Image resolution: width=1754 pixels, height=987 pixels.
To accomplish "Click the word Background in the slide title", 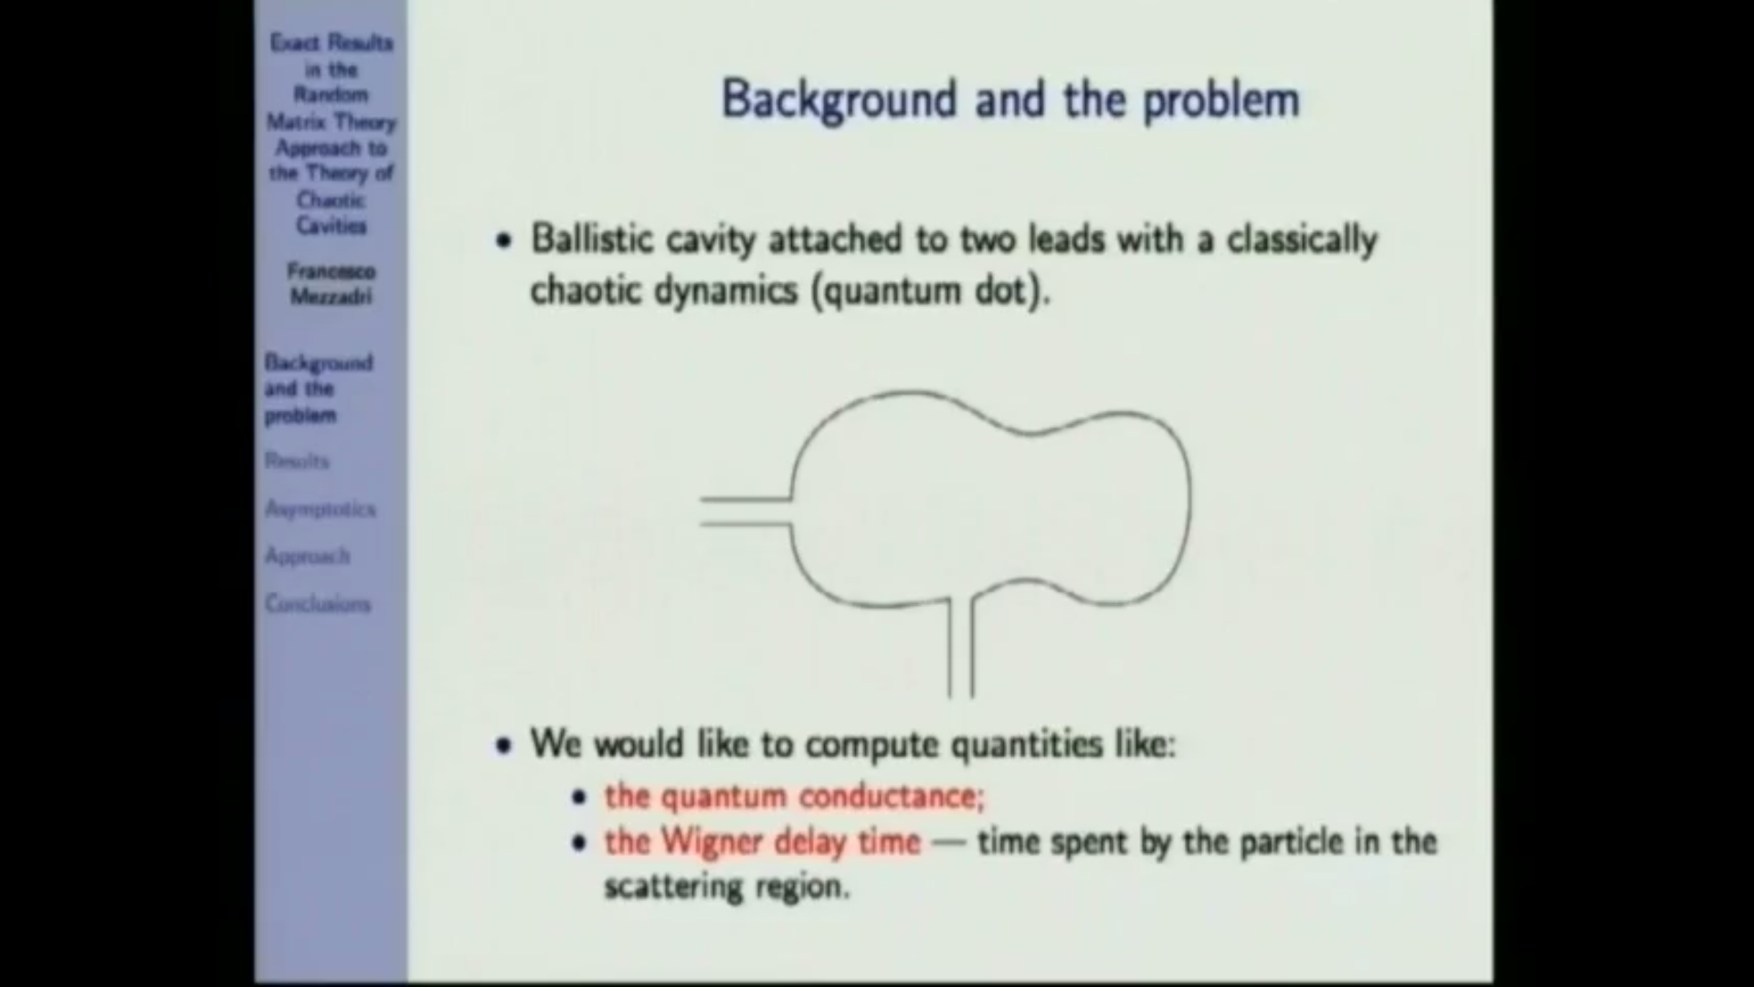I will (838, 99).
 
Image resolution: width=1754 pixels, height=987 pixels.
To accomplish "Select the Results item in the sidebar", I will (297, 461).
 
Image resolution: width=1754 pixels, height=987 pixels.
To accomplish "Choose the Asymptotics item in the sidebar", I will (320, 509).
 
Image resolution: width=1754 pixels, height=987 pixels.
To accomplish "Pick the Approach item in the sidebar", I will (307, 556).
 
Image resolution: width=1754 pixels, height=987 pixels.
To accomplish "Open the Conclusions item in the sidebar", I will (318, 604).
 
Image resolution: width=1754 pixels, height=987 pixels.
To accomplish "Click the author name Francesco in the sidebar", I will (331, 271).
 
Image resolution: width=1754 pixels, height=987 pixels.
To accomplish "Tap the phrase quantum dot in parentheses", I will (926, 292).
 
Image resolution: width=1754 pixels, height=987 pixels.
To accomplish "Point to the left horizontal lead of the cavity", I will (745, 512).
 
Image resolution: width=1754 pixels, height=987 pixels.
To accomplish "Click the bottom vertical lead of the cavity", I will (960, 649).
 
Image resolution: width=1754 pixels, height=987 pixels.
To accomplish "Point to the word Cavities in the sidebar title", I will (331, 226).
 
